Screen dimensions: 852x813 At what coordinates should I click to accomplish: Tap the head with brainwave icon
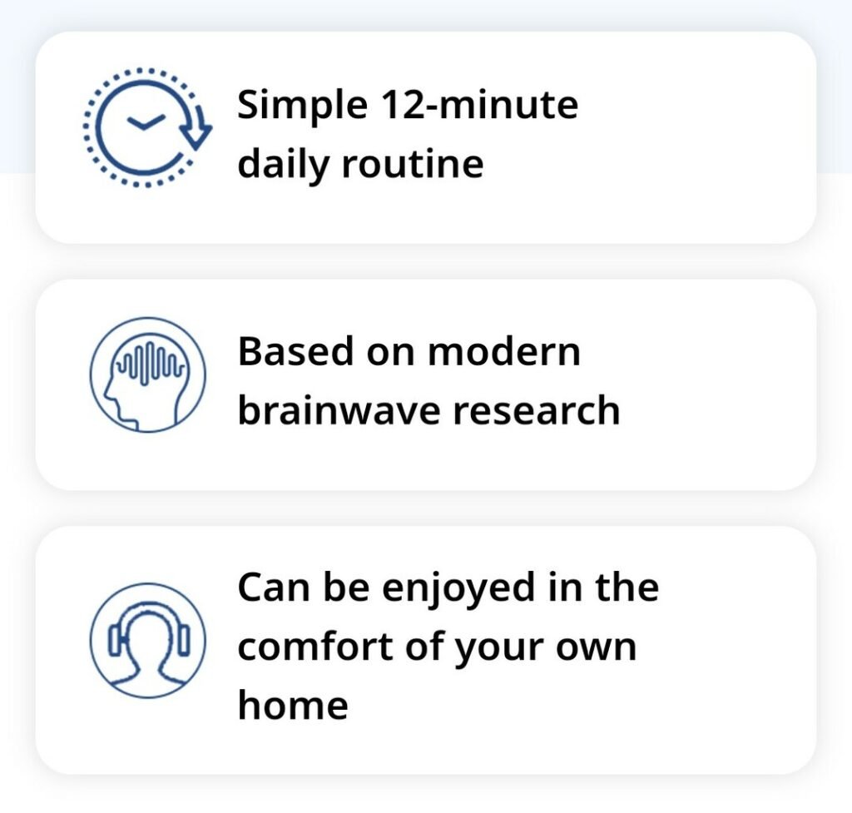click(148, 375)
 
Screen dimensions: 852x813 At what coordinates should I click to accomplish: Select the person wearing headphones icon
click(148, 640)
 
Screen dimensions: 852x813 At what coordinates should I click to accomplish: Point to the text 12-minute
click(480, 104)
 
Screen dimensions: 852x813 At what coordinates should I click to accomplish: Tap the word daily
click(283, 165)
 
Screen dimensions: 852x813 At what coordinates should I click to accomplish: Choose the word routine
click(413, 164)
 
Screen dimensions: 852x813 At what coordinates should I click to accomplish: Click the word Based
click(295, 351)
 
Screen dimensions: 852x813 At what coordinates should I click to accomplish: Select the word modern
click(504, 351)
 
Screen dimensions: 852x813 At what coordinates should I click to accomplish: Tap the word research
click(537, 411)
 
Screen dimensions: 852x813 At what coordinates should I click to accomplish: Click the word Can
click(273, 587)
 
